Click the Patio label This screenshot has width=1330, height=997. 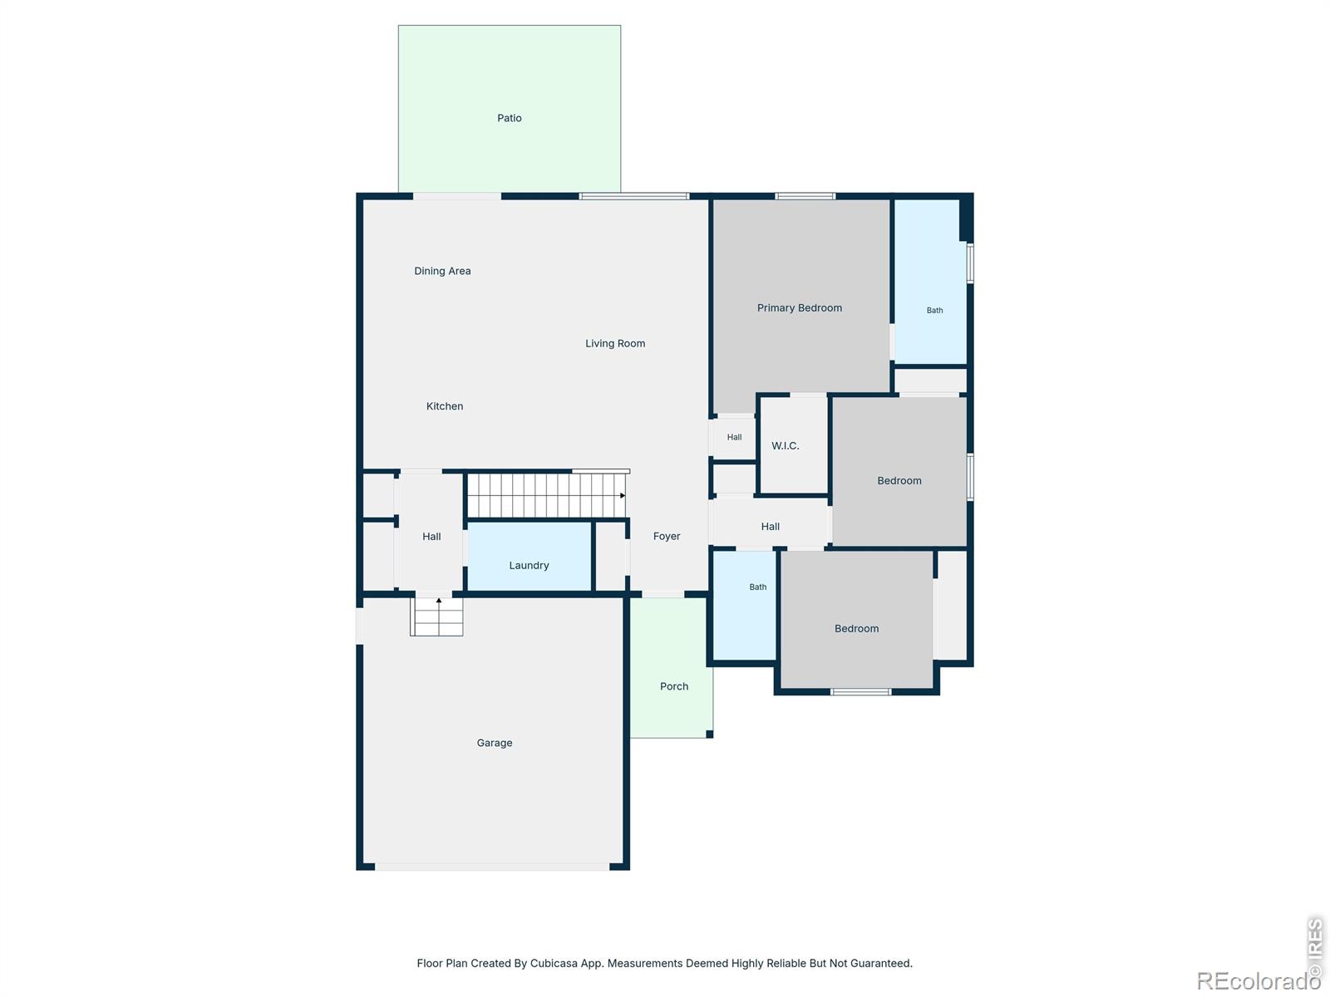[509, 118]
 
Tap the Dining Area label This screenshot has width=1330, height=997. [442, 271]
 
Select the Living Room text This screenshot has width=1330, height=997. [615, 343]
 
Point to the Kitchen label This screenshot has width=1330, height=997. [444, 406]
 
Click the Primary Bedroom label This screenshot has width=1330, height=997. [799, 307]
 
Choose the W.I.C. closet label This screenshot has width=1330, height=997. [786, 445]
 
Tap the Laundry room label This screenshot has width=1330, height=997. [529, 566]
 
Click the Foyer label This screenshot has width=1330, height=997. [667, 537]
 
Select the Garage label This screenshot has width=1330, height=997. [495, 743]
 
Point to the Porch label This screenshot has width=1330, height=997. [674, 686]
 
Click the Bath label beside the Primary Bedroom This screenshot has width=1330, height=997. [934, 311]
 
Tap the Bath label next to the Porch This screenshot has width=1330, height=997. [757, 587]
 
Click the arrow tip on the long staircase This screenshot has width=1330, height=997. [623, 495]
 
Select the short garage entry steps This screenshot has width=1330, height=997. [436, 616]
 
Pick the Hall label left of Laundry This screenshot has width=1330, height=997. [431, 537]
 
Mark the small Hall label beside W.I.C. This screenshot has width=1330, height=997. [734, 437]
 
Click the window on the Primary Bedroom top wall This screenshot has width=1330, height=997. [805, 195]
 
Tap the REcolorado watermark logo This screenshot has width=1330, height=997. [1258, 980]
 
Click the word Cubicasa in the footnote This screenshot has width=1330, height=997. [554, 963]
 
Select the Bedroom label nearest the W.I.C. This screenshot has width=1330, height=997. [899, 481]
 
